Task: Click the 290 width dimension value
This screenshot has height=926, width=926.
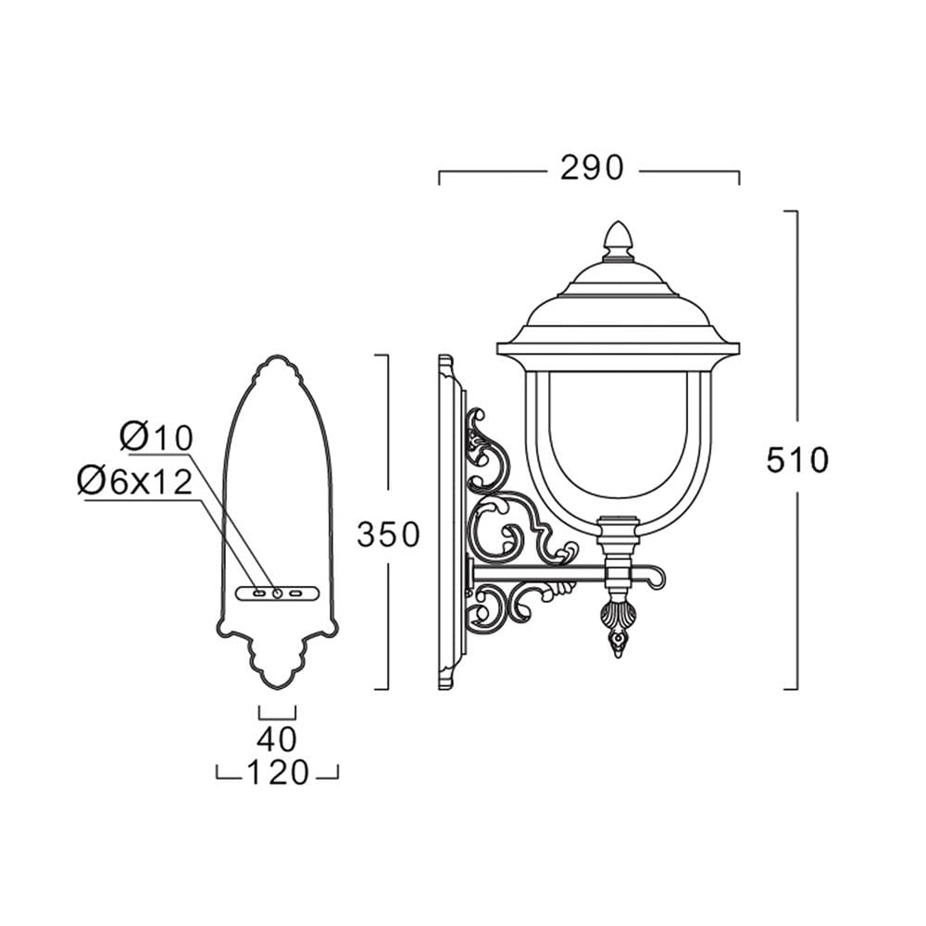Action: pos(591,168)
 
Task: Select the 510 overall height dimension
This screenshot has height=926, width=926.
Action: pos(797,459)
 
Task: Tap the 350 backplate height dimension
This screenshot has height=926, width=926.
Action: pos(388,534)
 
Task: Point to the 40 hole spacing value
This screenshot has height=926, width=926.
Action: pos(276,738)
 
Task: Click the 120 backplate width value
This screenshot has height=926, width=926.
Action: pos(277,772)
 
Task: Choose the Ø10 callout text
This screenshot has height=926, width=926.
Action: pos(156,438)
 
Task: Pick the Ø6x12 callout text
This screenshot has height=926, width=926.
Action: pos(134,482)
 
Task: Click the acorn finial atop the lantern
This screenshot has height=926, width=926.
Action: pos(618,241)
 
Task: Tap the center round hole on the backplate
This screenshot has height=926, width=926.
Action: pos(277,593)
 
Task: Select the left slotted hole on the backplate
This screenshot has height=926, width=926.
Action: pos(258,593)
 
